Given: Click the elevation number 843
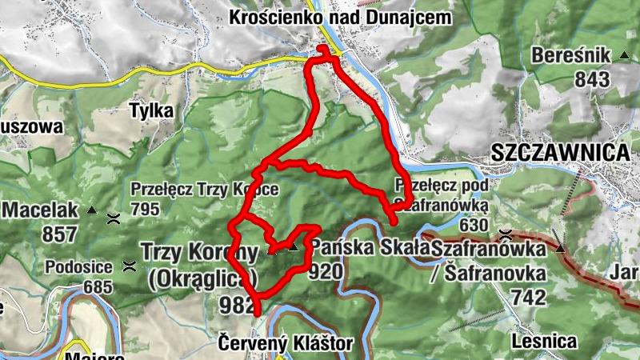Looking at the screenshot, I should click(592, 79).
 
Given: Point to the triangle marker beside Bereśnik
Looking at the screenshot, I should click(623, 56).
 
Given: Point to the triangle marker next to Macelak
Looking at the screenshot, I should click(91, 211).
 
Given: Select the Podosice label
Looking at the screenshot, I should click(78, 267).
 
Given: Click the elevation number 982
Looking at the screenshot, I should click(238, 304).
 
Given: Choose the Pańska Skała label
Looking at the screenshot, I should click(370, 246).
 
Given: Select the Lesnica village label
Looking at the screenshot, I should click(544, 342).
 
